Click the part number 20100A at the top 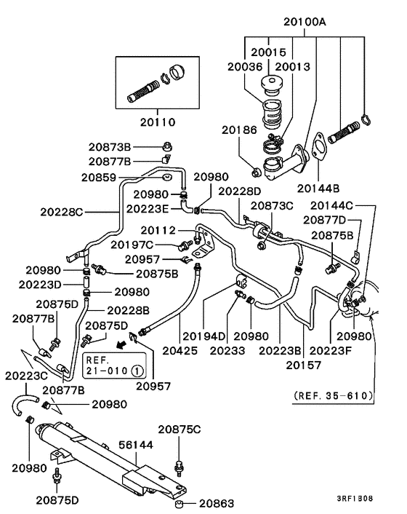pyautogui.click(x=305, y=22)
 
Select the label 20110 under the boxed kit pyautogui.click(x=158, y=122)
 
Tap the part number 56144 pyautogui.click(x=135, y=445)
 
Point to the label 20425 pyautogui.click(x=180, y=351)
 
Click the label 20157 pyautogui.click(x=304, y=365)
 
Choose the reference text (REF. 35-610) pyautogui.click(x=333, y=395)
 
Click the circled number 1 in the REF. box pyautogui.click(x=137, y=371)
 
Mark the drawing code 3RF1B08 pyautogui.click(x=355, y=499)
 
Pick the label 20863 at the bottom pyautogui.click(x=217, y=503)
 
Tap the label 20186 pyautogui.click(x=239, y=130)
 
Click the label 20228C pyautogui.click(x=62, y=212)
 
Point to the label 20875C pyautogui.click(x=180, y=430)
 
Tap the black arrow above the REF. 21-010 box pyautogui.click(x=121, y=344)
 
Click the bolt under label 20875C pyautogui.click(x=179, y=468)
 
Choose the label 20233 pyautogui.click(x=227, y=351)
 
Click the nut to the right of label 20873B pyautogui.click(x=167, y=146)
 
